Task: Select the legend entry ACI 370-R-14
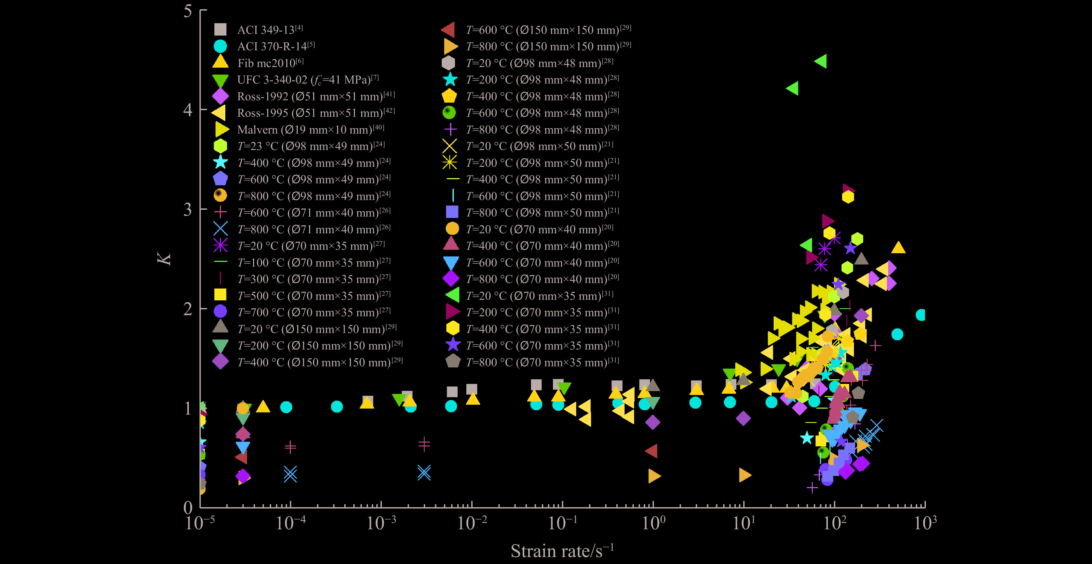click(x=276, y=46)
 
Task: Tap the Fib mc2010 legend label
click(x=270, y=63)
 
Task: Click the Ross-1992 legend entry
click(x=315, y=96)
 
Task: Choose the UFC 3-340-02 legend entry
click(x=307, y=80)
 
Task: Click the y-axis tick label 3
click(x=188, y=210)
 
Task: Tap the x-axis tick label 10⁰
click(x=653, y=523)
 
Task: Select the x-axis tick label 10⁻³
click(x=381, y=523)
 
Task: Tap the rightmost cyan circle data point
click(x=921, y=315)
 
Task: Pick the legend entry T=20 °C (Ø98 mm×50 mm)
click(x=539, y=146)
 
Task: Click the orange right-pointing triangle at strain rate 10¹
click(x=745, y=475)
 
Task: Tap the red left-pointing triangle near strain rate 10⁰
click(x=651, y=451)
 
